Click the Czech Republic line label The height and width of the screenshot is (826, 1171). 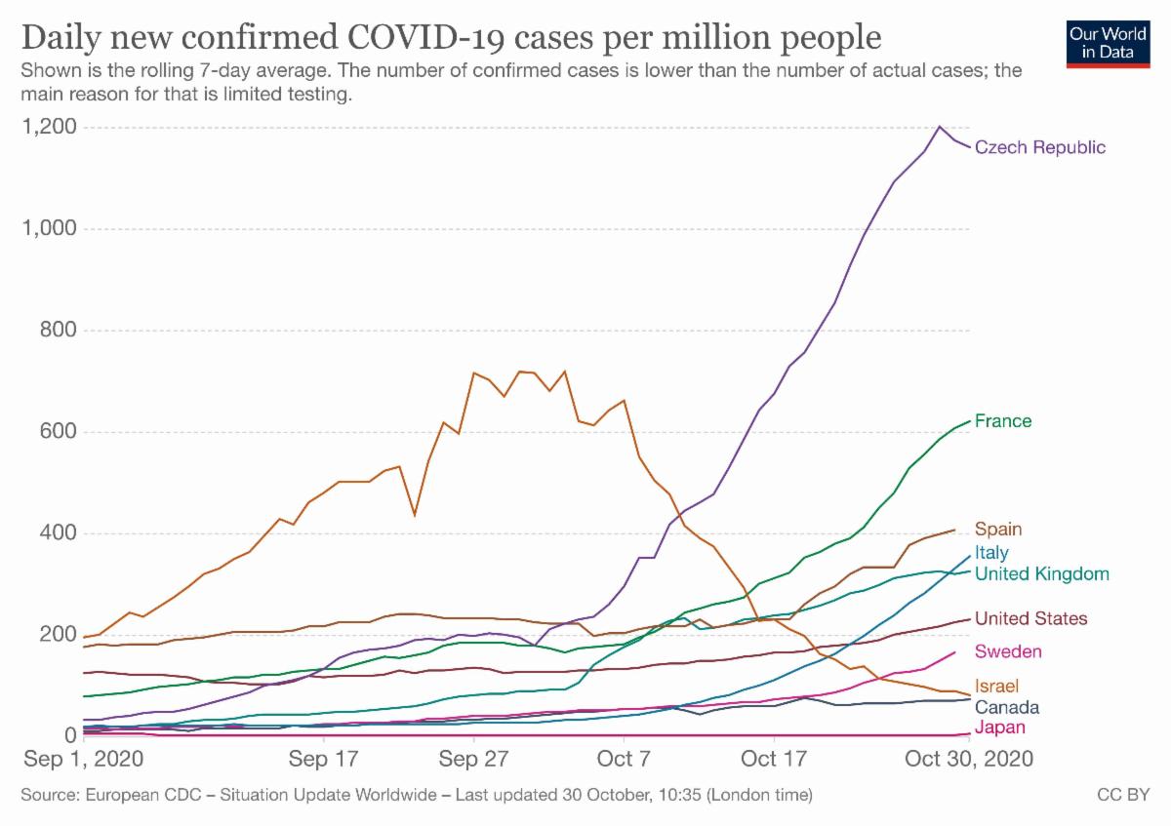pos(1040,147)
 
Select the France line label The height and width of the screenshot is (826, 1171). pos(1003,421)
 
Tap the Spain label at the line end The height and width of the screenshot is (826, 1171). pos(998,530)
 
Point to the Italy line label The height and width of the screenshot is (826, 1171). pos(991,553)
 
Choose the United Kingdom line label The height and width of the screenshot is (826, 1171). pos(1042,573)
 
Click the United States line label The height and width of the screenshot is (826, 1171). pos(1030,618)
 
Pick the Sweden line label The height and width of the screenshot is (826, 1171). pos(1008,651)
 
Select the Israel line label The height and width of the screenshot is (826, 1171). pos(995,687)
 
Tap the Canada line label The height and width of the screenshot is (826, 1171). pos(1006,707)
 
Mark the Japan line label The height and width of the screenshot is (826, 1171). pos(999,728)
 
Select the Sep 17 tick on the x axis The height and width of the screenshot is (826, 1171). pos(322,757)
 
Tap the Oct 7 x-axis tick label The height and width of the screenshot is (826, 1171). pos(623,757)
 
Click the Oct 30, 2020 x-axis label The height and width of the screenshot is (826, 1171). pos(965,757)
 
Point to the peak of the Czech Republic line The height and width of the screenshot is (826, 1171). pos(940,127)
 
